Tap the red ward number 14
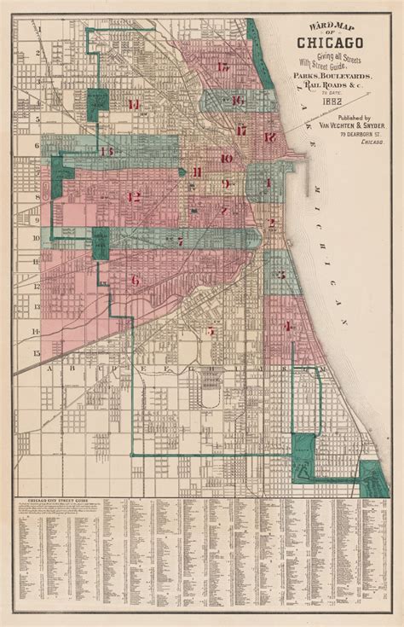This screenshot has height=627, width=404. coord(135,104)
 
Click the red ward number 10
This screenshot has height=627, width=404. coord(226,159)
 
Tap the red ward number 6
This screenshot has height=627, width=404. coord(135,279)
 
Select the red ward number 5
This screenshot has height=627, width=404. coord(210,331)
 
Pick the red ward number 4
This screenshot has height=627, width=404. coord(288,325)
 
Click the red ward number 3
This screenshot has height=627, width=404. coord(280,275)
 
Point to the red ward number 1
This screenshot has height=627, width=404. coord(268,183)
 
